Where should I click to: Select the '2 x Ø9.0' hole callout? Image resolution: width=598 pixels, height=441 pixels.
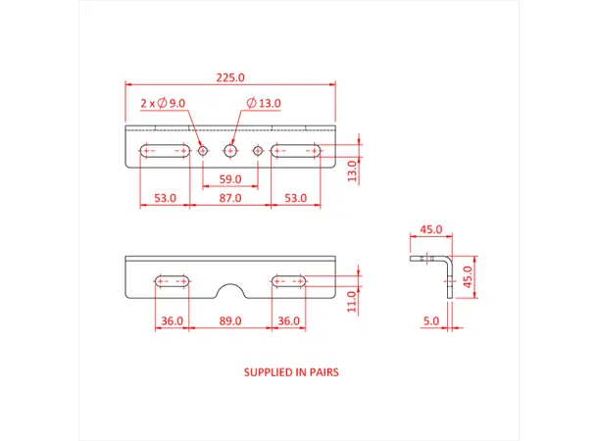click(x=163, y=103)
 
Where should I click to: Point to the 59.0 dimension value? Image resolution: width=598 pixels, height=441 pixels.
click(x=229, y=179)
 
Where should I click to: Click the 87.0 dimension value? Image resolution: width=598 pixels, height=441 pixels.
click(x=230, y=198)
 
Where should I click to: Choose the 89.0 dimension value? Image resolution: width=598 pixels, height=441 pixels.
click(x=230, y=321)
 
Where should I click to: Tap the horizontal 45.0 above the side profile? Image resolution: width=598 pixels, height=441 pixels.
click(x=430, y=229)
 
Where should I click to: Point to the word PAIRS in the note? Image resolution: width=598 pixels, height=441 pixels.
click(x=323, y=373)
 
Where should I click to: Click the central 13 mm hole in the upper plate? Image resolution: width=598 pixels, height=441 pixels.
click(x=230, y=151)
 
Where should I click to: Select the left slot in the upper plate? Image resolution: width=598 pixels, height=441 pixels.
click(x=166, y=151)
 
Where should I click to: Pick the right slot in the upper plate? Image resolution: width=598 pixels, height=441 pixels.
click(x=295, y=151)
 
